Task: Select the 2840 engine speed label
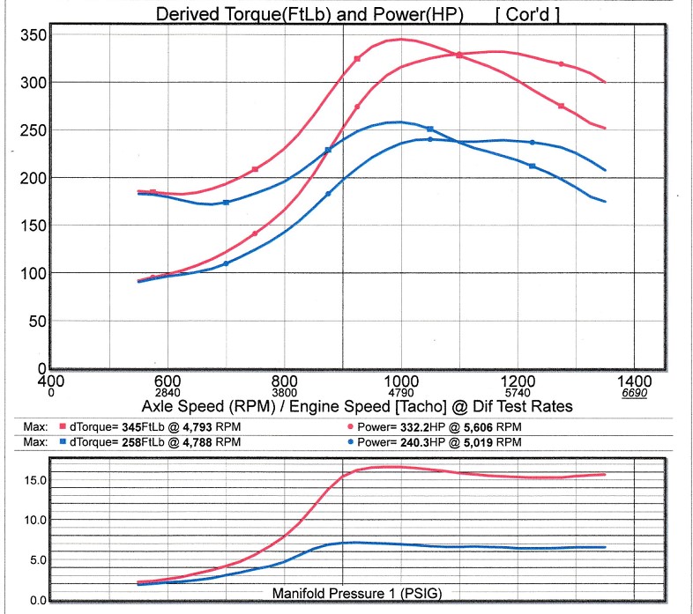168,392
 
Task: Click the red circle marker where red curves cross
458,55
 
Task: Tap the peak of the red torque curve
401,39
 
